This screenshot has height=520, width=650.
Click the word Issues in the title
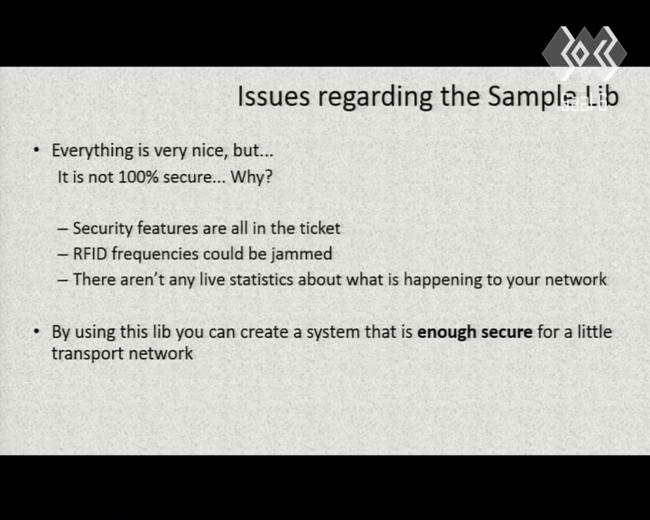pyautogui.click(x=274, y=97)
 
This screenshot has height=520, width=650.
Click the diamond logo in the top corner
pyautogui.click(x=584, y=52)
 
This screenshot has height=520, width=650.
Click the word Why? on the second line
pyautogui.click(x=252, y=178)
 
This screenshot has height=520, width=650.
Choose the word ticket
pyautogui.click(x=320, y=228)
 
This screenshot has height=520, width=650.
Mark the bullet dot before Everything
pyautogui.click(x=37, y=149)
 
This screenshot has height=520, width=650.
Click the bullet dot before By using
pyautogui.click(x=37, y=331)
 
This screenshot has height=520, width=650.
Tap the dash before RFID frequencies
pyautogui.click(x=62, y=255)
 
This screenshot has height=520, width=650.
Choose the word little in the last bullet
pyautogui.click(x=596, y=331)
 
